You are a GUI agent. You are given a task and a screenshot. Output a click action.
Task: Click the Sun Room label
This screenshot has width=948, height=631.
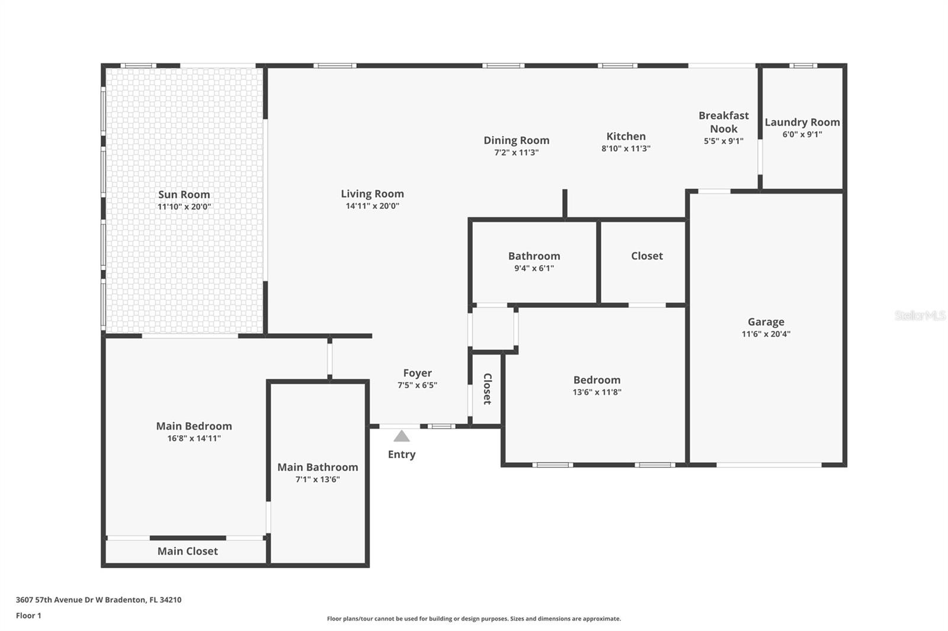[x=184, y=194]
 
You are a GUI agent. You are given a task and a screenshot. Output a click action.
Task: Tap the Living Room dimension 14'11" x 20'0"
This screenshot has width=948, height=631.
[x=372, y=206]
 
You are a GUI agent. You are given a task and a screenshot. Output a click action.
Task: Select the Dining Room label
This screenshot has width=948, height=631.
[x=516, y=140]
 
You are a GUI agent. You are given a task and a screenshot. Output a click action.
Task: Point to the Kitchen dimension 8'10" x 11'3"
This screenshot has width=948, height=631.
[x=626, y=149]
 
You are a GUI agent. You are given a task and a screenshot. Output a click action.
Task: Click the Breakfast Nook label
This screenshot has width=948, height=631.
[x=723, y=122]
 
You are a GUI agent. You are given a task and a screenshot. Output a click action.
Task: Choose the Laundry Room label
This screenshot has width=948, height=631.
[x=802, y=122]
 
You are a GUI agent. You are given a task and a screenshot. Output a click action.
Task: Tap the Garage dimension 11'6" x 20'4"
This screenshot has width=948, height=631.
[x=766, y=334]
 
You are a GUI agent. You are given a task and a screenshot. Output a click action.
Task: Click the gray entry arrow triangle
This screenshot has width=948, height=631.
[x=402, y=436]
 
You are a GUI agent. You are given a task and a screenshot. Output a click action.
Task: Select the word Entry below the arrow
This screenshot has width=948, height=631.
[x=402, y=454]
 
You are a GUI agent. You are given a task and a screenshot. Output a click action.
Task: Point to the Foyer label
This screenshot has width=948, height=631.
[x=417, y=373]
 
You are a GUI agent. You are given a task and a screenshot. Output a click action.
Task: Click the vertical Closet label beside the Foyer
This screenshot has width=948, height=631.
[x=487, y=389]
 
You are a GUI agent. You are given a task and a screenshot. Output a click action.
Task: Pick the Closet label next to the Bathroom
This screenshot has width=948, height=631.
[x=646, y=256]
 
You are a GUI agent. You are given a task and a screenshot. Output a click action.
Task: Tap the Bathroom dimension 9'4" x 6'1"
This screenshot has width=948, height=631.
[x=534, y=268]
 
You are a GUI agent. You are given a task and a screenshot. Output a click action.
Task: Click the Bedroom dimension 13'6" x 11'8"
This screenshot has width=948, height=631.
[x=597, y=392]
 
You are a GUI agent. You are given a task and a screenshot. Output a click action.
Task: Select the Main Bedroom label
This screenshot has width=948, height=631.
[x=194, y=426]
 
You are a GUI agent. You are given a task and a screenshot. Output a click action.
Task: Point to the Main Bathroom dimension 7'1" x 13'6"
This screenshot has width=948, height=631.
[x=318, y=479]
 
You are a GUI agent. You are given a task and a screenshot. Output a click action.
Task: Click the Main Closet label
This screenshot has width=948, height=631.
[x=187, y=551]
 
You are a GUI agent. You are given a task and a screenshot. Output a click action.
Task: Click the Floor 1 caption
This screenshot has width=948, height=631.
[x=28, y=616]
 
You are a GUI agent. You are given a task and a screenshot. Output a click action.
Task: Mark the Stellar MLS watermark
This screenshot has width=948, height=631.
[x=920, y=315]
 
